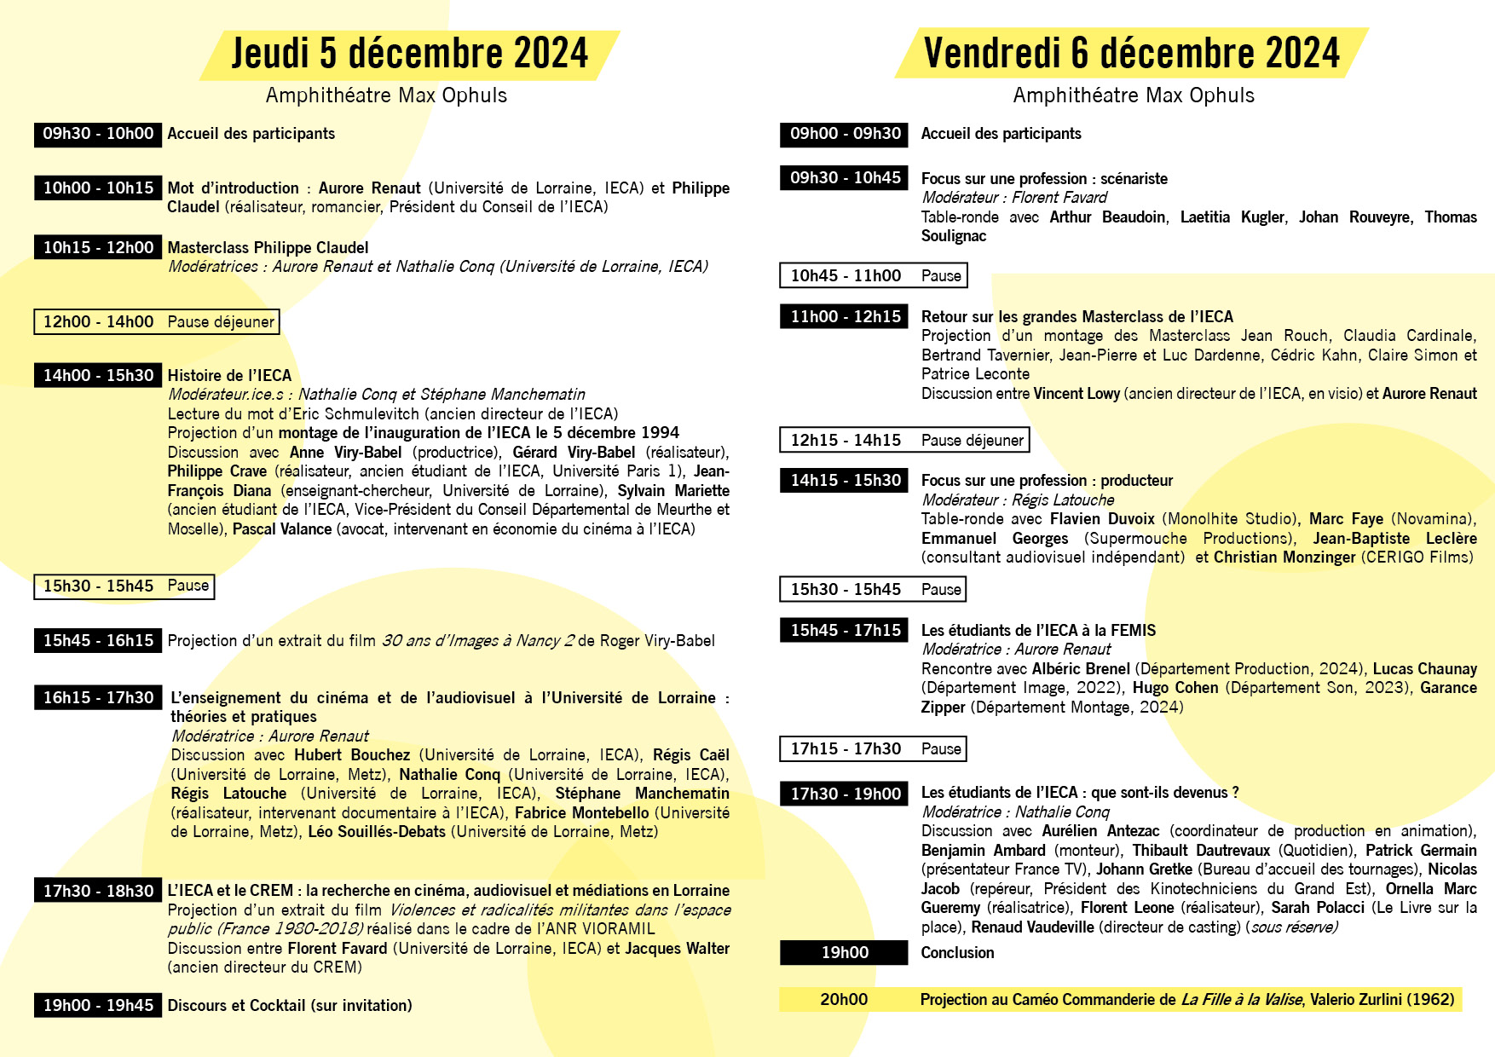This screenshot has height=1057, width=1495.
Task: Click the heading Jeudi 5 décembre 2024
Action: tap(409, 53)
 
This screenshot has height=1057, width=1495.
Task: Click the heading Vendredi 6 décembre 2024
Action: tap(1131, 53)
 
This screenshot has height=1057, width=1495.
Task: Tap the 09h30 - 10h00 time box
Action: tap(98, 134)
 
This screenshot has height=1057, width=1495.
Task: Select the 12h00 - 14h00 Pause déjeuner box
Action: tap(157, 321)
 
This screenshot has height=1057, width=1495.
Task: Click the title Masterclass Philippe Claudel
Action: tap(268, 248)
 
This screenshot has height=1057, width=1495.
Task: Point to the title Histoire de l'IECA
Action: tap(229, 376)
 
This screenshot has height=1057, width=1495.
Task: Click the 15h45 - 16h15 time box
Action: tap(98, 641)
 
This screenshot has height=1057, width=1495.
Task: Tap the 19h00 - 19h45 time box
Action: tap(98, 1006)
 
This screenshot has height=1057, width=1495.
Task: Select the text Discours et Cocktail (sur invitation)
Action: tap(290, 1006)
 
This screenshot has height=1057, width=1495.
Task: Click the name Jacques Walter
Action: tap(677, 949)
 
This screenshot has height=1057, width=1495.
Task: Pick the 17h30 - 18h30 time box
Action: tap(98, 891)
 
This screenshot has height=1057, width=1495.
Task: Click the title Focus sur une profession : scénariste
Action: tap(1044, 179)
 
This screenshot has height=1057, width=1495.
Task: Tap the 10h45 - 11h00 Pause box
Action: tap(874, 275)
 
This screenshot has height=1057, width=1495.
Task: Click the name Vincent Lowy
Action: tap(1077, 394)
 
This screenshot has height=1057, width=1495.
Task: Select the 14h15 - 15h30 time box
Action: tap(845, 481)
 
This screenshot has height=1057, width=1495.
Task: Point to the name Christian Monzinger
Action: tap(1284, 557)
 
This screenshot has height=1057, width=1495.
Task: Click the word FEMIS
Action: tap(1133, 631)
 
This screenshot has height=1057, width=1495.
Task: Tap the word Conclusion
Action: tap(957, 953)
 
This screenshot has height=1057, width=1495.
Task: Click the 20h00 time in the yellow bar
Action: tap(844, 1000)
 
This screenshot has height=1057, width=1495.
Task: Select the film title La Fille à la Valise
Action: tap(1242, 1000)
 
